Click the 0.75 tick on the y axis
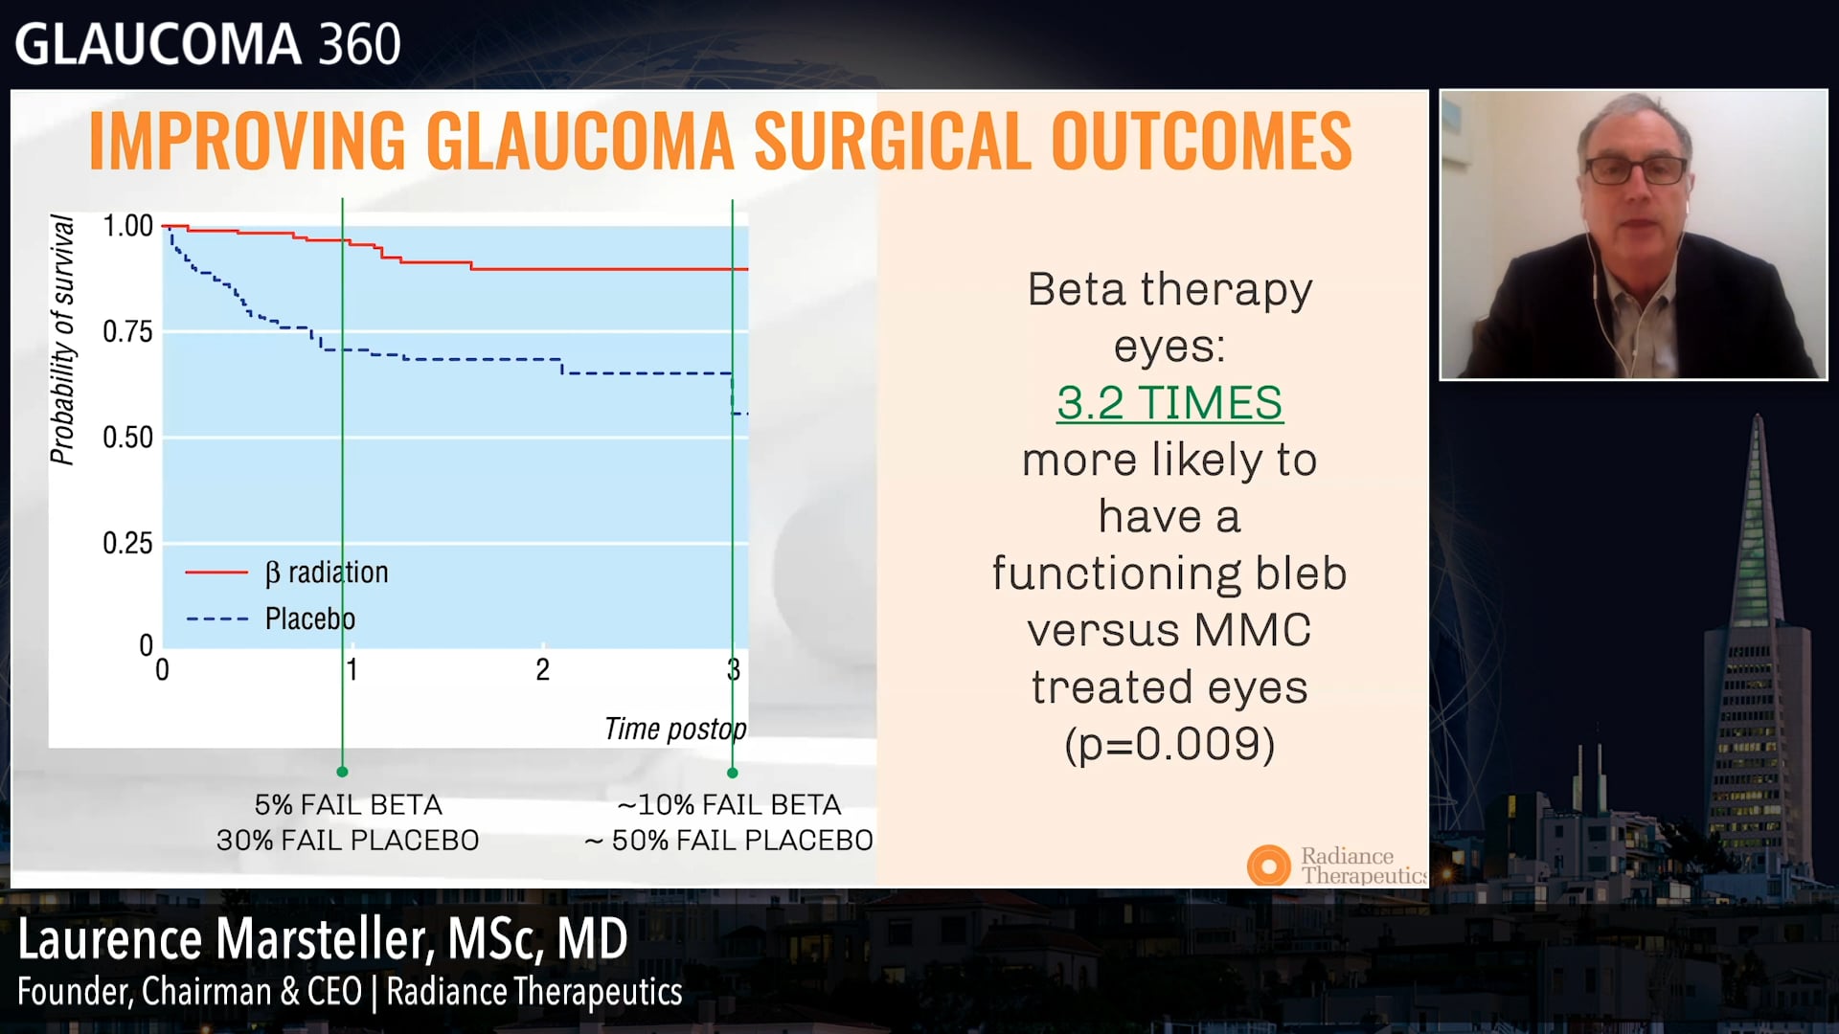(x=127, y=332)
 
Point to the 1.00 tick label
(x=127, y=226)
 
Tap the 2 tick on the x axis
(x=542, y=669)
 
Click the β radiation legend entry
(x=326, y=573)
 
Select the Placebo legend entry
(x=308, y=618)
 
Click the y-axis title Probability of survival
(x=62, y=340)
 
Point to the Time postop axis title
(x=674, y=729)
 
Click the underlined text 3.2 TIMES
(x=1169, y=402)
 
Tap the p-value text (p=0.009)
(x=1169, y=744)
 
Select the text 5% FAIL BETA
(x=348, y=804)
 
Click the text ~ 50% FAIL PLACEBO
(x=729, y=841)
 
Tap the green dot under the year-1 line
(x=342, y=772)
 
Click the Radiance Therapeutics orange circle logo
(x=1268, y=865)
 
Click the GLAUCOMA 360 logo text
(x=207, y=44)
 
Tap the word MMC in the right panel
(x=1252, y=630)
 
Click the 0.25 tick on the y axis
(x=127, y=544)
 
